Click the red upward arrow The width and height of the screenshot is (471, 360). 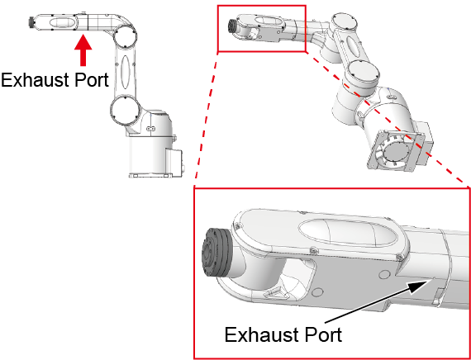coord(83,50)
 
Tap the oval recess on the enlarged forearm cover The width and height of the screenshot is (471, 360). coord(349,233)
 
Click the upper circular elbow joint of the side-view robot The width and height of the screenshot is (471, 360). coord(126,37)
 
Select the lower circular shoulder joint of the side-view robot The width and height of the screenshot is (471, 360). coord(125,110)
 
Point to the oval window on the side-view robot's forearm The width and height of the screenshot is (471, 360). coord(61,23)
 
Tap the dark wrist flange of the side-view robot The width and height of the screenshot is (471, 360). coord(31,22)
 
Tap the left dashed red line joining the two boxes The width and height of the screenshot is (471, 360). coord(206,120)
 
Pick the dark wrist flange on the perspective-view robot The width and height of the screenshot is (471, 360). coord(233,26)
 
